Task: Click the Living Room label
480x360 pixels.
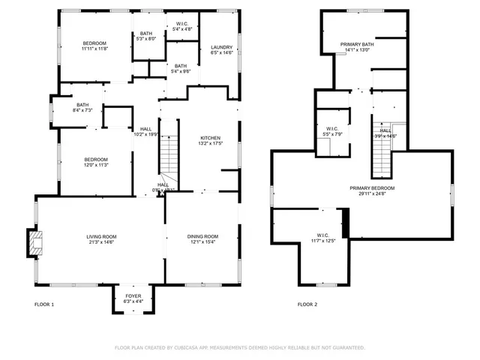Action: [x=100, y=236]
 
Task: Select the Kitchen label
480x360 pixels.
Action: [x=209, y=138]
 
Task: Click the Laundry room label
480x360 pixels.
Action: [x=222, y=47]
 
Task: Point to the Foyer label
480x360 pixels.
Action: [x=132, y=296]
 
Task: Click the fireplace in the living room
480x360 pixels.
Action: [x=34, y=242]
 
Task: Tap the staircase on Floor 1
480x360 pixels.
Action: [x=168, y=154]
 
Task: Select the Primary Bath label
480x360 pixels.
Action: [x=356, y=44]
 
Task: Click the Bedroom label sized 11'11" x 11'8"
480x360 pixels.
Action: [x=94, y=43]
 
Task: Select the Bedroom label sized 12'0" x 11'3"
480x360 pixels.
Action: [x=96, y=159]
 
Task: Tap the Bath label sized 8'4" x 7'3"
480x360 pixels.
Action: [x=82, y=105]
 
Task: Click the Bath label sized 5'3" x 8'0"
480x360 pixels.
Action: [x=145, y=33]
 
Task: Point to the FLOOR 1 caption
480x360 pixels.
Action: [x=45, y=304]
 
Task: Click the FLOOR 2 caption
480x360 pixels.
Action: [x=307, y=304]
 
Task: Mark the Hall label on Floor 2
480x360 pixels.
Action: [x=385, y=130]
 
